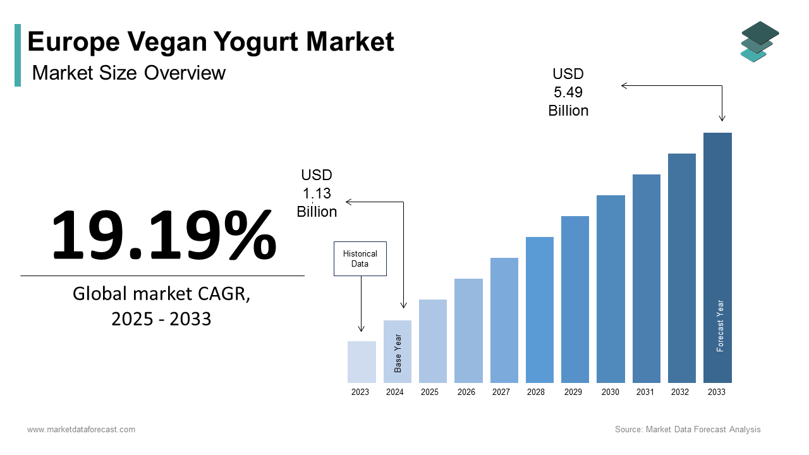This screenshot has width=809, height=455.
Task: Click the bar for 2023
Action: [362, 362]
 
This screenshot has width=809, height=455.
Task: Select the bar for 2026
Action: [468, 331]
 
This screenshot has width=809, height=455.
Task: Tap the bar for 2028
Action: [539, 310]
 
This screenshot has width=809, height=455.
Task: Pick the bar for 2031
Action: [646, 278]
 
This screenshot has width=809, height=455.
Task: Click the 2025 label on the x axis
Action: [430, 392]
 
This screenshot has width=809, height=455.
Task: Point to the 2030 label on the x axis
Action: [611, 392]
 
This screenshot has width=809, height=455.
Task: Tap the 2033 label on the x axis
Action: [717, 392]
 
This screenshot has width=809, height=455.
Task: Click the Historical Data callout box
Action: [360, 258]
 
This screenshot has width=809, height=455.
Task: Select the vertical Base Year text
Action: [398, 353]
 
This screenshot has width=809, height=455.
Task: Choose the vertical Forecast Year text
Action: [720, 325]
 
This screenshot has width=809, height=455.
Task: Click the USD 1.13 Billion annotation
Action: [317, 193]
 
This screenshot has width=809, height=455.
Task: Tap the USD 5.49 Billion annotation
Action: [568, 93]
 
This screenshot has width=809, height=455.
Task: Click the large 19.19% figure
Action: [163, 234]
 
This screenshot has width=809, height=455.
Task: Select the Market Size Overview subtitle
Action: [129, 73]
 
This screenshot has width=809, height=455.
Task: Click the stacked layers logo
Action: [759, 42]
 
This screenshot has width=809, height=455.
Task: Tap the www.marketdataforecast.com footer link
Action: [81, 430]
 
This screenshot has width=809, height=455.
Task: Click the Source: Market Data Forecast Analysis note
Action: [688, 430]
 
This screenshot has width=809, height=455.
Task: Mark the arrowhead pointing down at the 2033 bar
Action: [722, 118]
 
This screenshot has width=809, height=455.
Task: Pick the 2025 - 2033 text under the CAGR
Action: [161, 319]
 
